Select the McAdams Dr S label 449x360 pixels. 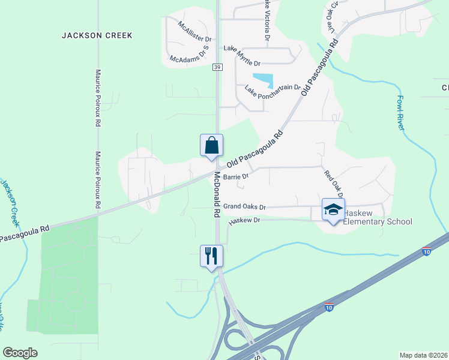[x=192, y=57]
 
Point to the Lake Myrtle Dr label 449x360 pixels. [x=243, y=55]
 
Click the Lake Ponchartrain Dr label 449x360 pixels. [x=273, y=88]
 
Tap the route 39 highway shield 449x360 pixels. [x=217, y=67]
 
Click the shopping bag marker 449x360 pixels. [x=211, y=146]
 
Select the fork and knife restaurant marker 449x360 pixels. [x=211, y=256]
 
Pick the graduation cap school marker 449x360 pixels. [x=334, y=210]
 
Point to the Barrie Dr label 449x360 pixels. [x=236, y=177]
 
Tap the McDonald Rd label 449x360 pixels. [x=218, y=195]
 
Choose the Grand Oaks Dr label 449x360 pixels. [x=244, y=206]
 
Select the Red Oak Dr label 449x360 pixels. [x=333, y=184]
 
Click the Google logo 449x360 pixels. [x=20, y=353]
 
